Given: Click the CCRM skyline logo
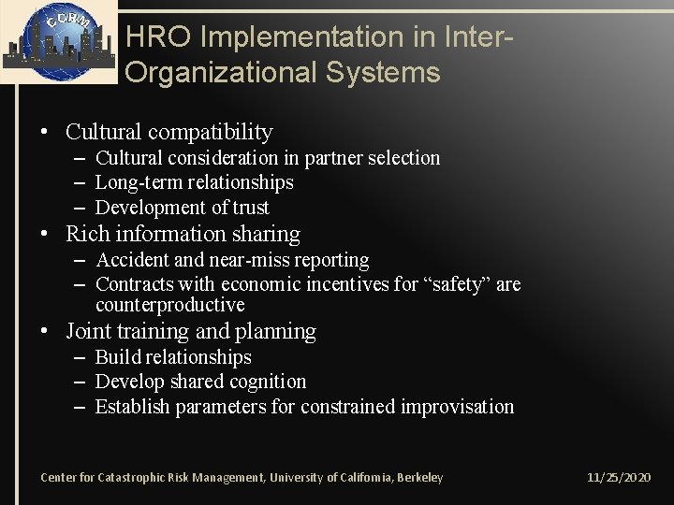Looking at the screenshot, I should point(58,42).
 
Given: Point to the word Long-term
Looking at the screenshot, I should point(137,182).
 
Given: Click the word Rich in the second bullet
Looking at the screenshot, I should point(86,234).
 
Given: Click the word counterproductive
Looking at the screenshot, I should point(170,306).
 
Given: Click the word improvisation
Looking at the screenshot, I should point(462,407).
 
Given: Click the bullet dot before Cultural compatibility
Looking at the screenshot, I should point(45,133).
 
